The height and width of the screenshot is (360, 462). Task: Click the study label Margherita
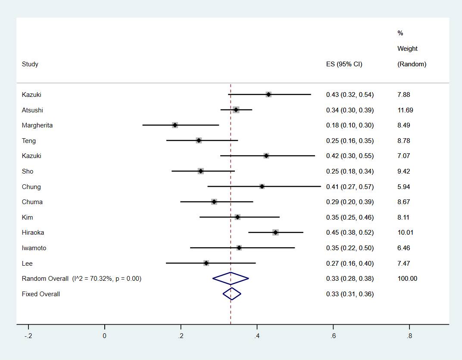click(37, 125)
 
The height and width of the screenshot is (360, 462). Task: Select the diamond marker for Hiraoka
click(275, 233)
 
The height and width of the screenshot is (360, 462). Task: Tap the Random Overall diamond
click(231, 279)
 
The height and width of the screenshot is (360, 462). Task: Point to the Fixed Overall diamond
click(232, 294)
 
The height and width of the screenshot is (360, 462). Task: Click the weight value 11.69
click(405, 110)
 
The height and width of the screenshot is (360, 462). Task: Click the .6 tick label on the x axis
click(333, 336)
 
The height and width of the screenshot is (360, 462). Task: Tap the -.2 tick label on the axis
click(28, 336)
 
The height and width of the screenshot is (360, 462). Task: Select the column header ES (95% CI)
click(344, 64)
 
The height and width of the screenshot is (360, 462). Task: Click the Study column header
click(30, 64)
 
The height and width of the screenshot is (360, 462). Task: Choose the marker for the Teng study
click(199, 140)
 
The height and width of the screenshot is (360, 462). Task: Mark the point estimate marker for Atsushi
click(236, 110)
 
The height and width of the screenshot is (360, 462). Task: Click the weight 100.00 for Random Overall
click(407, 279)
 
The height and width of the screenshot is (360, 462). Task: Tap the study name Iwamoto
click(34, 248)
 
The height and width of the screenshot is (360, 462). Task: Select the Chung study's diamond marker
click(262, 186)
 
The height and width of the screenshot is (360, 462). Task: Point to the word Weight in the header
click(407, 49)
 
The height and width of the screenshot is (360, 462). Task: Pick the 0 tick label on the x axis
click(104, 336)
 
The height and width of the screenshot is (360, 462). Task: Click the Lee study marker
click(206, 263)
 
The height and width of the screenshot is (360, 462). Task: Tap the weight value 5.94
click(403, 186)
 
